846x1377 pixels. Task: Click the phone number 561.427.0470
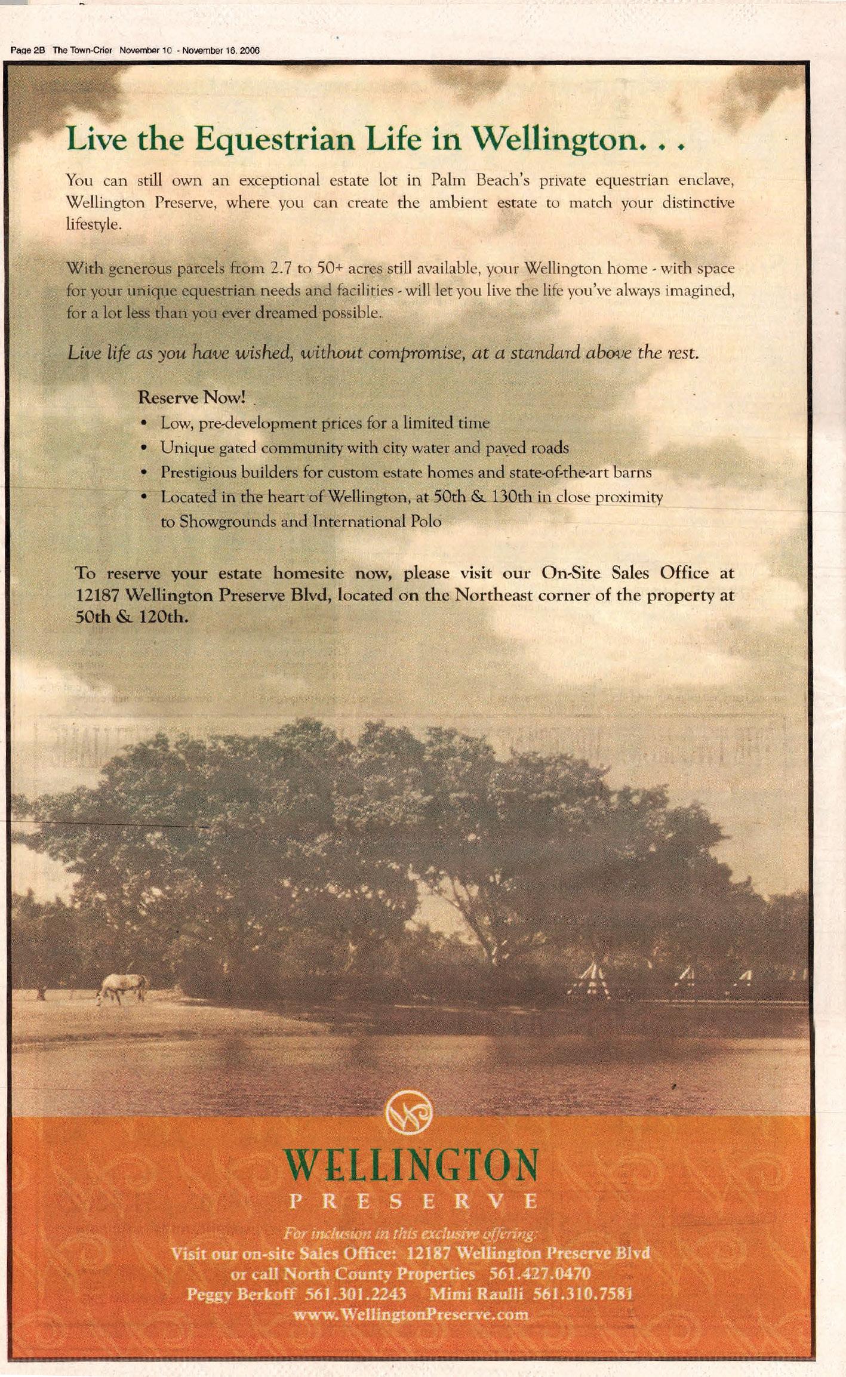click(540, 1273)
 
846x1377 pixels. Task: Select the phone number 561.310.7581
click(582, 1293)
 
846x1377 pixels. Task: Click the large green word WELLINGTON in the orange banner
click(411, 1165)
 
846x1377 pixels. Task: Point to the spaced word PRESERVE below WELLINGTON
click(413, 1201)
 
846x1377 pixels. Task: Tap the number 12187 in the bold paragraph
click(99, 595)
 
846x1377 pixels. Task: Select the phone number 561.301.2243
click(356, 1293)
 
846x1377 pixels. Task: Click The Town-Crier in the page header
click(82, 51)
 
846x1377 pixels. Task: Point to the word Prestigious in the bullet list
click(196, 472)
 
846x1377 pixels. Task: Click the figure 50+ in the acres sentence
click(328, 268)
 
